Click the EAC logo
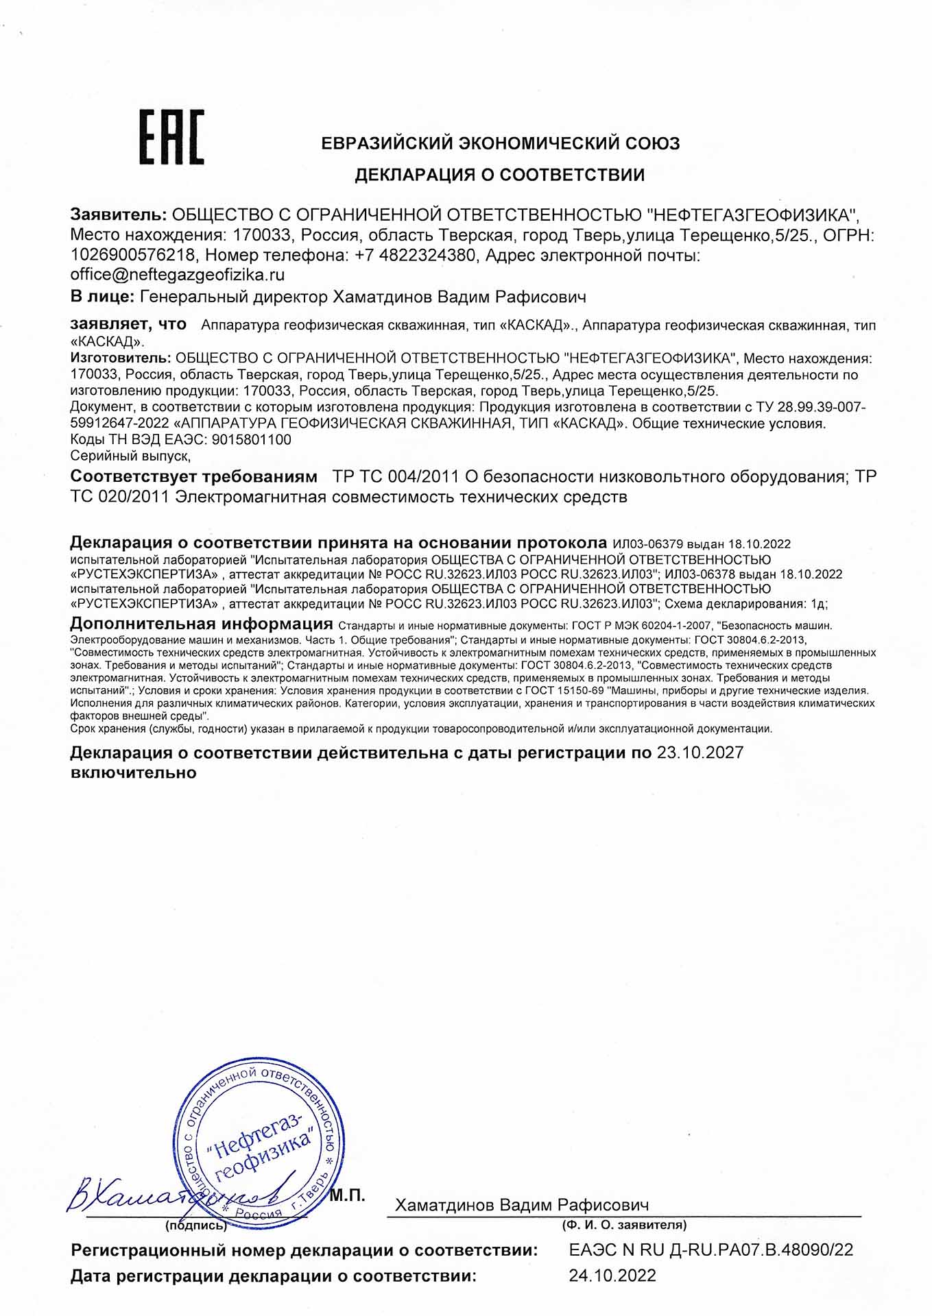171,137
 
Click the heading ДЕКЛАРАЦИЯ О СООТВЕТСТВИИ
499,175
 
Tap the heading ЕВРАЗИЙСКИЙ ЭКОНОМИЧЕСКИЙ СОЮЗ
501,143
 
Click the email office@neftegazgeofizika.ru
178,275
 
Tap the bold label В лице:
102,297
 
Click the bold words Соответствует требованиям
194,476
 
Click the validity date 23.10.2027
700,753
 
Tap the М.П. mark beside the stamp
347,1196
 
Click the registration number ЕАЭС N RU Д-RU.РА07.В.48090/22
710,1250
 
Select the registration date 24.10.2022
612,1276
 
